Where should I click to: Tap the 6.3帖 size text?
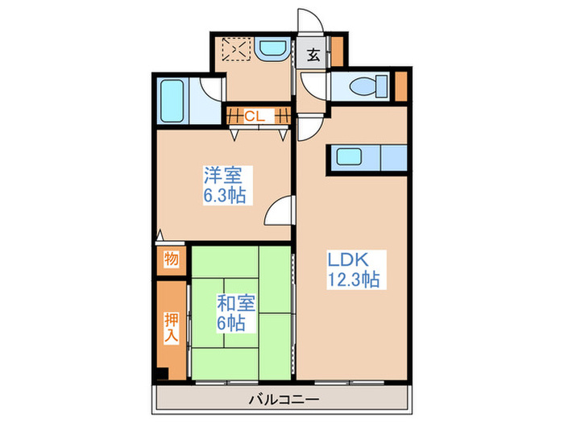224,196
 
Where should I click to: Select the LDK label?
347,261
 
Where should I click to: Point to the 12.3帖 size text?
353,280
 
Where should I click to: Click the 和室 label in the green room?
236,305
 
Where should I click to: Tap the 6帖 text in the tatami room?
230,324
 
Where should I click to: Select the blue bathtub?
172,101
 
